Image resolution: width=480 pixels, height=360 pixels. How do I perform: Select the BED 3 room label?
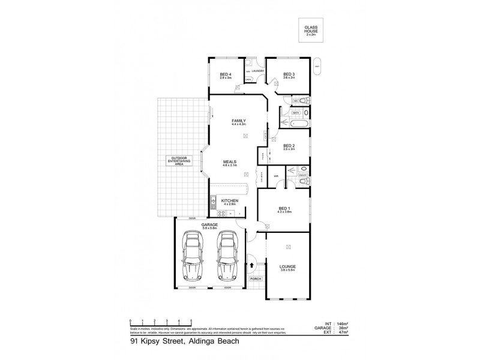pyautogui.click(x=289, y=74)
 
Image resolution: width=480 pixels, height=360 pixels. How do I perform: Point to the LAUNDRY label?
pyautogui.click(x=258, y=71)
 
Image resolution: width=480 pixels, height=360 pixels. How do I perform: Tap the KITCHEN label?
pyautogui.click(x=230, y=200)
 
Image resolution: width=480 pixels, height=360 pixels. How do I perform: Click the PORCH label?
pyautogui.click(x=256, y=279)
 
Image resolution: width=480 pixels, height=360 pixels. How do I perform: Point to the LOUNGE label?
pyautogui.click(x=288, y=266)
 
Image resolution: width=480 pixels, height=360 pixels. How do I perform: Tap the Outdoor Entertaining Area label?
pyautogui.click(x=181, y=160)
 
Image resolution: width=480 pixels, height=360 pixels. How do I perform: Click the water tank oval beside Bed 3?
pyautogui.click(x=317, y=66)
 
